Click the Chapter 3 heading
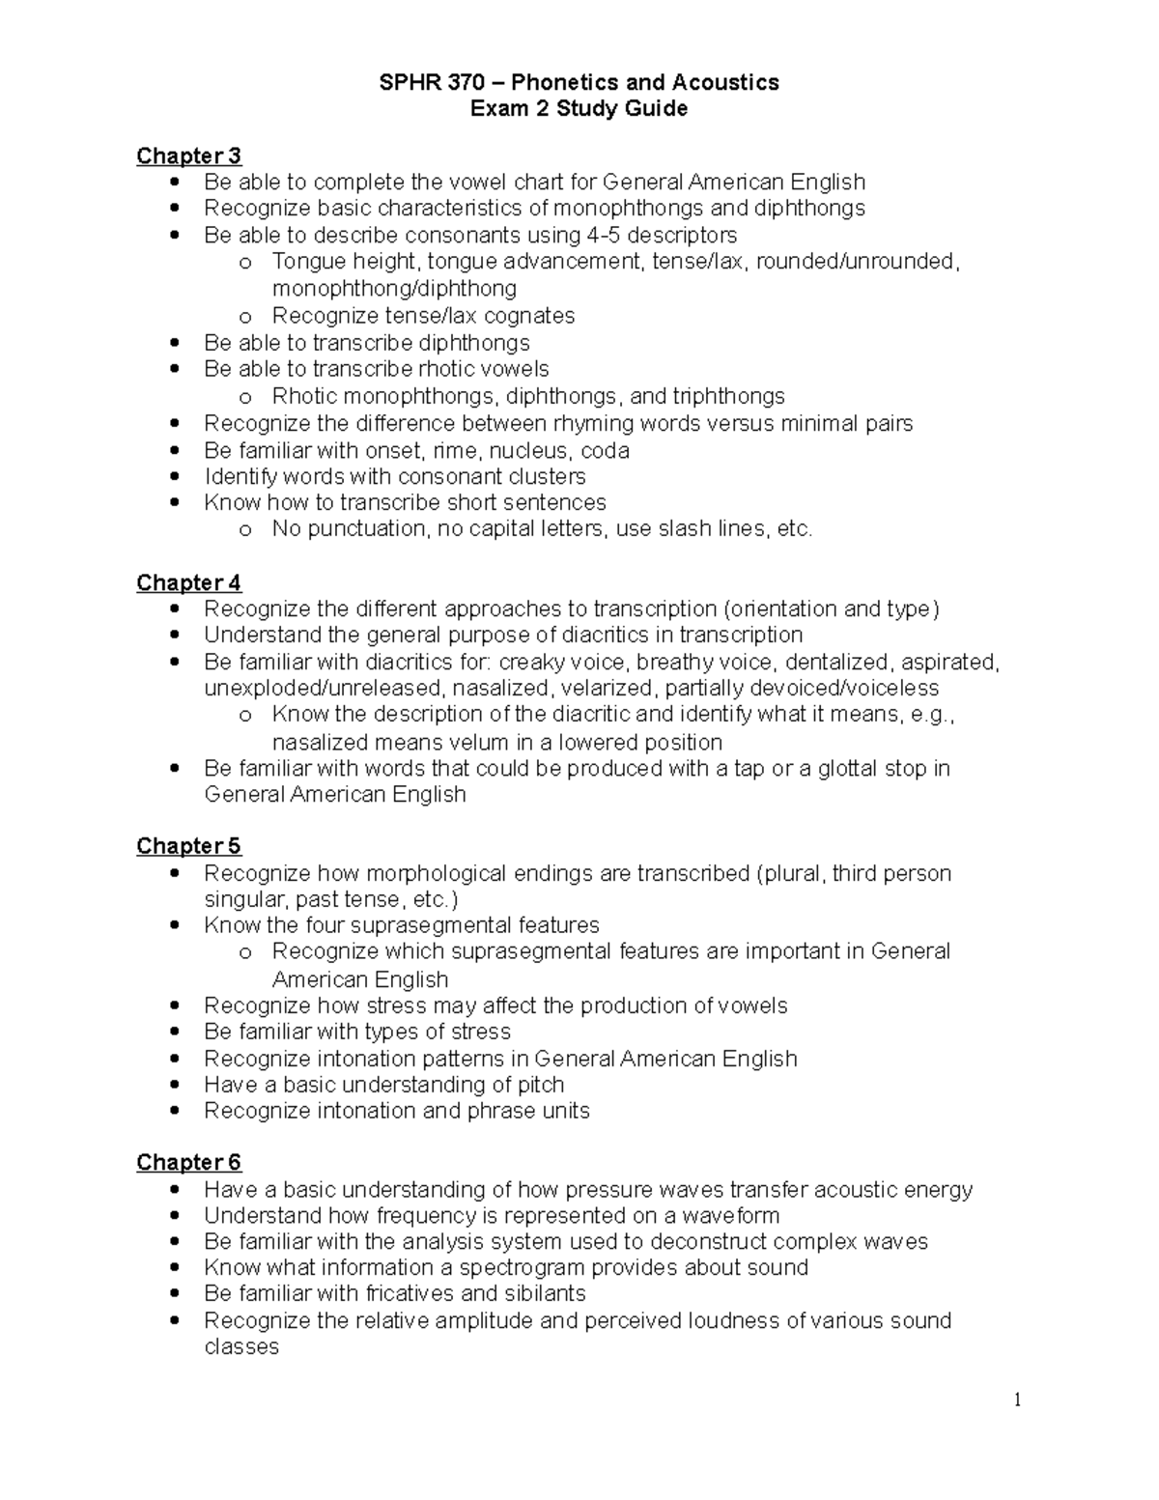point(188,156)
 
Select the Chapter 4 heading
point(188,583)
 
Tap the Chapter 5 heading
point(188,846)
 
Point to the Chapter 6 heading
point(188,1162)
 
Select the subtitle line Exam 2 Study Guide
point(579,108)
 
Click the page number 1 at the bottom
point(1017,1401)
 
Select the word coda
point(605,450)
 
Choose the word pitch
point(541,1085)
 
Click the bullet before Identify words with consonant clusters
point(174,476)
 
